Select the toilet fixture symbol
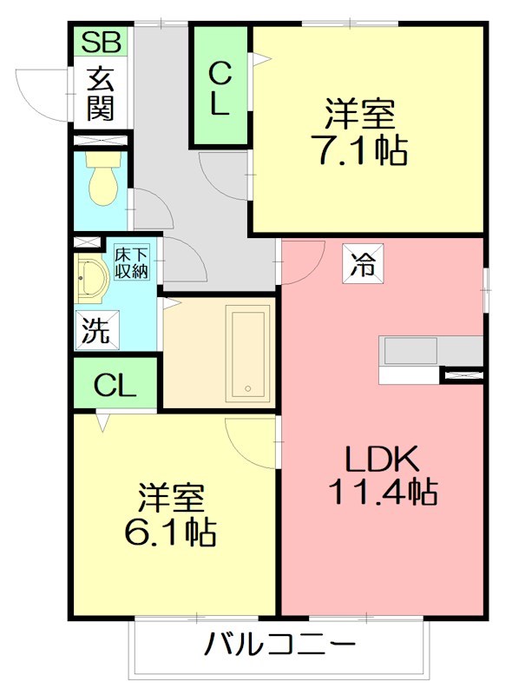tap(102, 182)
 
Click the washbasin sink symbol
tap(91, 281)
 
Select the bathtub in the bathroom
tap(246, 354)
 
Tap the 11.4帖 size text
tap(382, 492)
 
